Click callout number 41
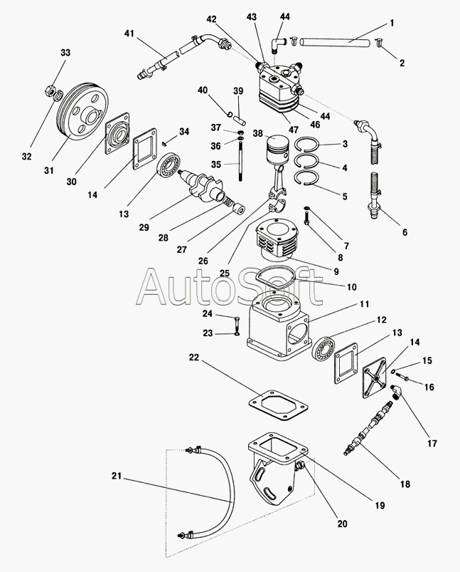pos(129,33)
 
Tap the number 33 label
pos(65,53)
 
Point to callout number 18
pos(405,484)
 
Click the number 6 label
pos(405,232)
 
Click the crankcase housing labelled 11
pos(277,328)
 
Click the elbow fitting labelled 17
pos(395,391)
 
